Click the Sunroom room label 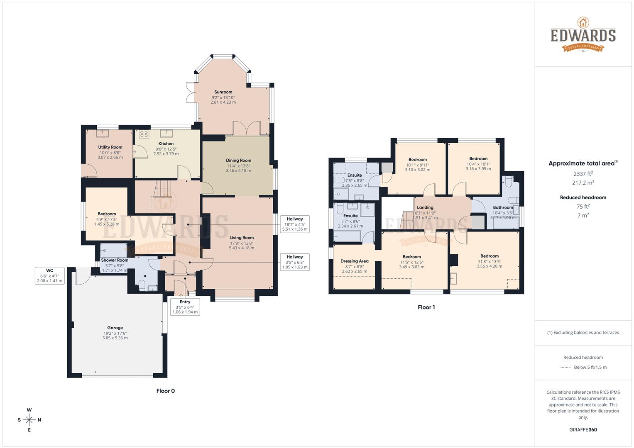223,92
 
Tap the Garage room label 115,328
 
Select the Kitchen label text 166,144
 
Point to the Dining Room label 238,161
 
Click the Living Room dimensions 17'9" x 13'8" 242,243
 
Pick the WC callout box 49,275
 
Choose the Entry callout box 185,307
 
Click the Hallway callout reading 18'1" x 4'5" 295,224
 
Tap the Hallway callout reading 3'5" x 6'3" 295,262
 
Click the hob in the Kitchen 144,134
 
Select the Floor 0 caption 165,391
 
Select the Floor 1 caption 426,307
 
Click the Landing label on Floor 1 425,207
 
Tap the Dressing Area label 354,261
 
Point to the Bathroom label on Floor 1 503,207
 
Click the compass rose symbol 29,420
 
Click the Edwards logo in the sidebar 583,35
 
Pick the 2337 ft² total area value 583,174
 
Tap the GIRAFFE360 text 583,430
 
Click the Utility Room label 110,147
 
